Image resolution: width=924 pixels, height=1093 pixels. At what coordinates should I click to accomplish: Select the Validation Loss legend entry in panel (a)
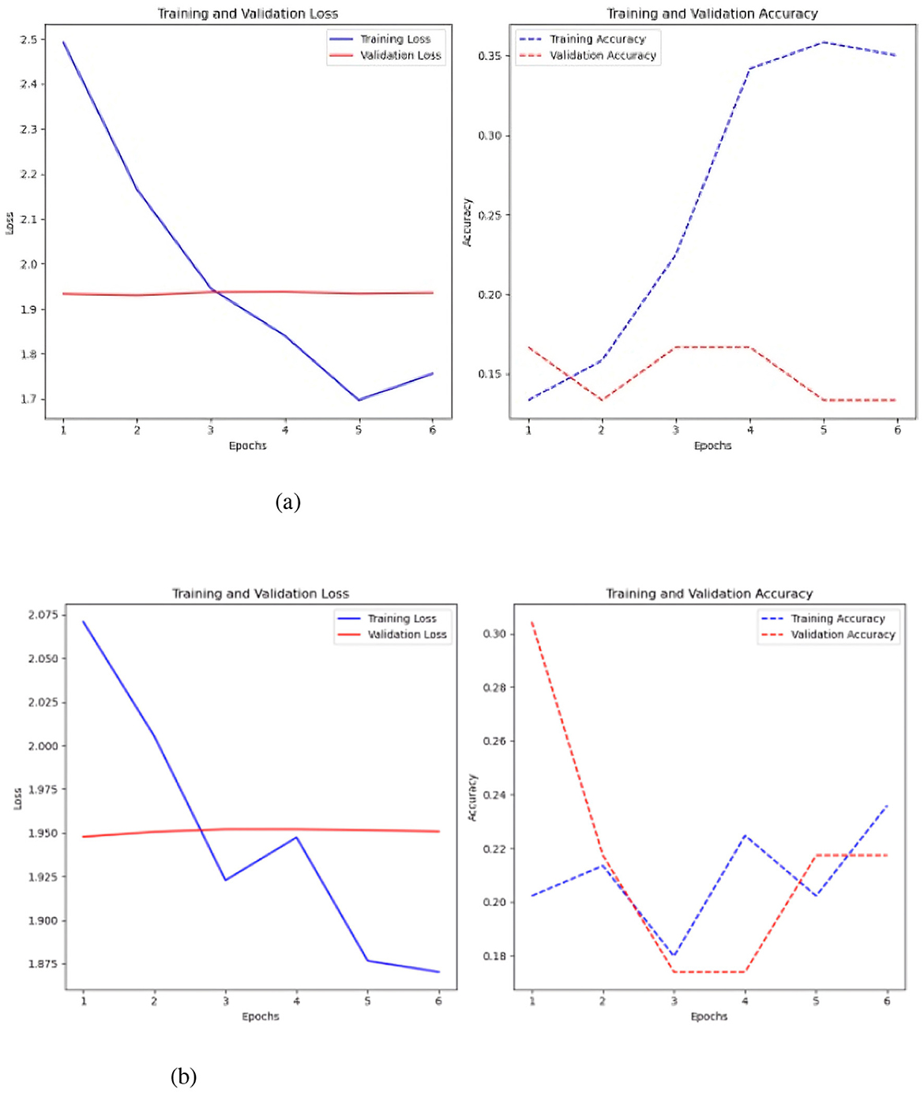pos(400,55)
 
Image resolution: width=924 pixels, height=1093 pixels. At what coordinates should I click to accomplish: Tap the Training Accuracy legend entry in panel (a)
pos(597,39)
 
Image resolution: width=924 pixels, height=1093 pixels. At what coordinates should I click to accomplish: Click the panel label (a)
pos(287,502)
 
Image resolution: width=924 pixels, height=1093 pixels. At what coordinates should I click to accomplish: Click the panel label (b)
pos(183,1076)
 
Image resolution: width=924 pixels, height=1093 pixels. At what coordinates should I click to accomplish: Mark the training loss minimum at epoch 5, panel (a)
pos(359,399)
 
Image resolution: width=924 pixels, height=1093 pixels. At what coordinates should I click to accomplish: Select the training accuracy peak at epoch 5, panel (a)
pos(824,42)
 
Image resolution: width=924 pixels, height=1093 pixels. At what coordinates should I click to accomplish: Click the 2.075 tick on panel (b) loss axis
pos(43,615)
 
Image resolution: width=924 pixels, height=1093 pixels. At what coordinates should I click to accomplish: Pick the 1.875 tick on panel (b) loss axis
pos(43,964)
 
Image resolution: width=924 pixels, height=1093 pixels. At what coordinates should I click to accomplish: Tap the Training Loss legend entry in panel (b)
pos(401,619)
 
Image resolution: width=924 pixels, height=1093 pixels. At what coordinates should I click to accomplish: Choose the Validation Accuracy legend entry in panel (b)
pos(842,634)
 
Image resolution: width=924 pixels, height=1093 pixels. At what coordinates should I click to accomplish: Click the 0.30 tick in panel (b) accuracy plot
pos(494,634)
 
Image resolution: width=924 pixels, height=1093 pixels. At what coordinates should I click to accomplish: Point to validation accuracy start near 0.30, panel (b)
pos(532,623)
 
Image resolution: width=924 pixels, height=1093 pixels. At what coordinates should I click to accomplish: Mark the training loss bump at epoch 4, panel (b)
pos(297,837)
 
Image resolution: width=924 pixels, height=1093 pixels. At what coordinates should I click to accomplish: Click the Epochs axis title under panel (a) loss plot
pos(247,446)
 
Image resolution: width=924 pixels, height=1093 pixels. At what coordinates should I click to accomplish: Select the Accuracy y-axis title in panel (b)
pos(472,797)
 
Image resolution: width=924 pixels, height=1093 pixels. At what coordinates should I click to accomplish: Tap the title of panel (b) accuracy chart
pos(708,593)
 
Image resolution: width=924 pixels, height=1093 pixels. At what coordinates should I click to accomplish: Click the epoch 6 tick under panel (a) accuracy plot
pos(897,430)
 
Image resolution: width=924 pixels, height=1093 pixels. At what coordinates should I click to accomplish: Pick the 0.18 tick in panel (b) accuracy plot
pos(494,956)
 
